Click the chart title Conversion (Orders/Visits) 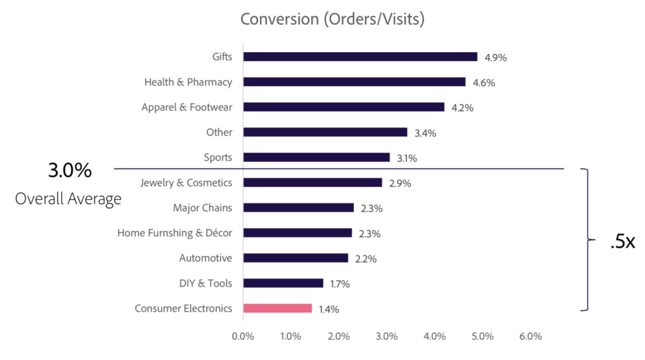coord(332,19)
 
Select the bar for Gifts coord(360,57)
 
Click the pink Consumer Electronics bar coord(277,308)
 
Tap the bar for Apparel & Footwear coord(344,107)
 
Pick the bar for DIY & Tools coord(283,283)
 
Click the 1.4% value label coord(328,309)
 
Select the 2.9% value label coord(400,184)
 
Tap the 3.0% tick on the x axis coord(386,337)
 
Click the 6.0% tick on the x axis coord(530,337)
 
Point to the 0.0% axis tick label coord(243,337)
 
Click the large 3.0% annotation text coord(70,170)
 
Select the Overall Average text coord(68,199)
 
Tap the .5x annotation coord(621,242)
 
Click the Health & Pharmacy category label coord(188,82)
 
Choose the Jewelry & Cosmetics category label coord(186,182)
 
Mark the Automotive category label coord(205,258)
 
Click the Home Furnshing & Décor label coord(174,233)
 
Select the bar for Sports coord(317,157)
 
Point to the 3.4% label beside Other coord(425,133)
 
